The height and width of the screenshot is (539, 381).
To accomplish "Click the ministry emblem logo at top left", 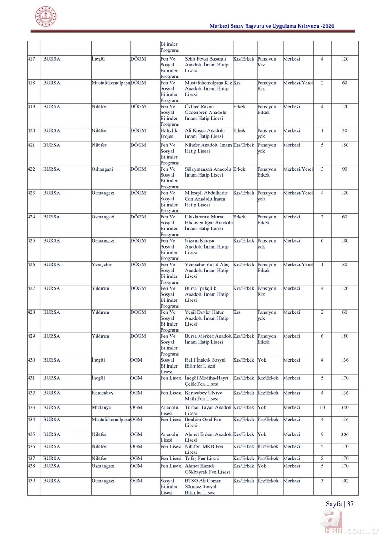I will click(46, 17).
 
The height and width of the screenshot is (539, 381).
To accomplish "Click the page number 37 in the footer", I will click(350, 504).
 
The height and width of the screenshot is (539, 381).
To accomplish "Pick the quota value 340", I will click(345, 407).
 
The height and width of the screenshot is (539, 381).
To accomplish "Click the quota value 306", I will click(345, 434).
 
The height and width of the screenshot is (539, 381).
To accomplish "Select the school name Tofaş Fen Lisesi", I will click(202, 458).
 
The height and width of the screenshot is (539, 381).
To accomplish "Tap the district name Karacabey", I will click(102, 393).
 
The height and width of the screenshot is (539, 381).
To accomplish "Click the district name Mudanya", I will click(102, 407).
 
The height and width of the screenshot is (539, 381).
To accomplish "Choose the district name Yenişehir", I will click(102, 265).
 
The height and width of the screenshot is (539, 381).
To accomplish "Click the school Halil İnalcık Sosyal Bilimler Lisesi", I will click(205, 363).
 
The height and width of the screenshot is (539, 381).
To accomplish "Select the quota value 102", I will click(345, 481).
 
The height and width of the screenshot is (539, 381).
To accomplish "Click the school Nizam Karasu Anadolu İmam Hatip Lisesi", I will click(207, 246).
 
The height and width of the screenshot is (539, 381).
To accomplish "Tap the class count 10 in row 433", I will click(322, 407).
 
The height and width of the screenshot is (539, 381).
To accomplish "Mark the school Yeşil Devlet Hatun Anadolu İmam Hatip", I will click(207, 318).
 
